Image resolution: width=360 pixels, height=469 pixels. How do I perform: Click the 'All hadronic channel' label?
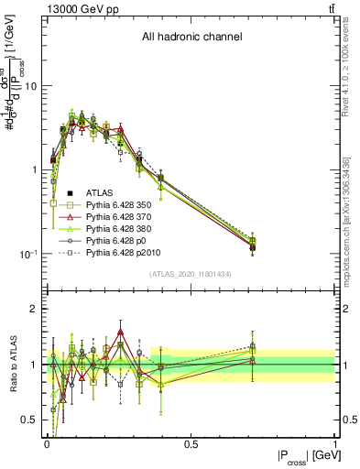click(x=191, y=38)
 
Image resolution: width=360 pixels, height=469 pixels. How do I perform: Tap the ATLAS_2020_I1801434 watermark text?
click(x=191, y=275)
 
